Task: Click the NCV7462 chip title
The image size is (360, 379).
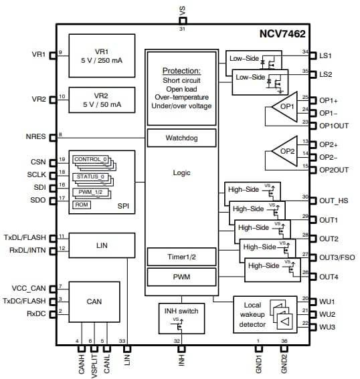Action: [x=282, y=33]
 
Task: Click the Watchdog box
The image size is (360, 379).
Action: [x=181, y=138]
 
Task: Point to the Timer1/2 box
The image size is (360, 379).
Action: [x=181, y=256]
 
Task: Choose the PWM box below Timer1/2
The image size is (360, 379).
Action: [x=181, y=276]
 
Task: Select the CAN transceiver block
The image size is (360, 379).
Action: [x=94, y=301]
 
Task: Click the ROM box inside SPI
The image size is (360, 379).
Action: [x=81, y=204]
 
